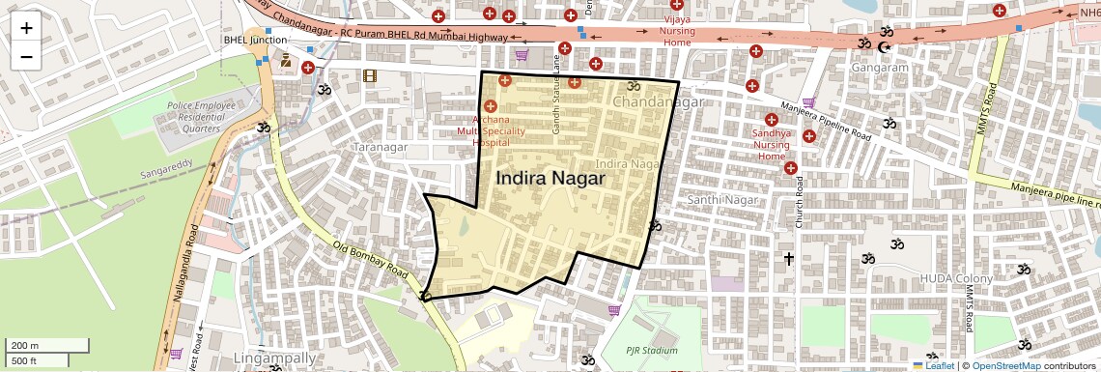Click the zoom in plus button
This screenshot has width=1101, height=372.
26,28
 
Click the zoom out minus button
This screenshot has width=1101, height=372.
26,57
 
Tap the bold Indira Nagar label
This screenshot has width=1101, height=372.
550,179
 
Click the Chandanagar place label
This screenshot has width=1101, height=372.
656,100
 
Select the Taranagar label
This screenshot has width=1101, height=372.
381,148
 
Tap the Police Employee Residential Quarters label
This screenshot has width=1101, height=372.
194,116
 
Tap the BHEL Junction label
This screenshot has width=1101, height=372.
255,40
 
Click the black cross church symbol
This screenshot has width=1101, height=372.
789,258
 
